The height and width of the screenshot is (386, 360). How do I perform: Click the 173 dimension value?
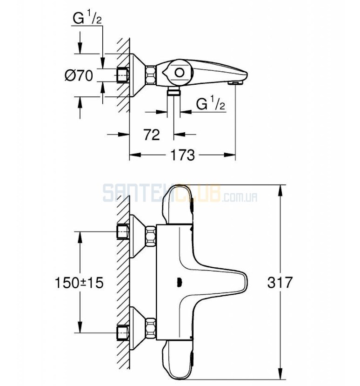[182, 155]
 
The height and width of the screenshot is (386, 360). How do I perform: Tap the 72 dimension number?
[152, 135]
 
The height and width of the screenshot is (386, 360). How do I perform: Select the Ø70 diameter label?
[79, 75]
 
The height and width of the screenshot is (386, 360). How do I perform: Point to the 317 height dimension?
[280, 282]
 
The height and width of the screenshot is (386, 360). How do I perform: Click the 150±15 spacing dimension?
[79, 282]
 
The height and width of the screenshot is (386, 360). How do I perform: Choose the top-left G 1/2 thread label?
[87, 18]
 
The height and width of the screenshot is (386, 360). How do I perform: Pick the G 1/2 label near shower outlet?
[211, 103]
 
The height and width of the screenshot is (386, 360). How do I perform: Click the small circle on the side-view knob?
[179, 73]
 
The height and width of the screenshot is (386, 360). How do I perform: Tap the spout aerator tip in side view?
[235, 83]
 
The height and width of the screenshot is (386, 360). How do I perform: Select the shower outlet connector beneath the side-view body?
[173, 91]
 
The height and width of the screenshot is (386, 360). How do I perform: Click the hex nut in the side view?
[151, 74]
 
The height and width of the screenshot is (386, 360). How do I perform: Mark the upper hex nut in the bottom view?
[151, 237]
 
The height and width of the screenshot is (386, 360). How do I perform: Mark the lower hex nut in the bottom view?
[151, 328]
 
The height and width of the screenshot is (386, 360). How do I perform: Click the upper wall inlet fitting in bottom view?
[122, 232]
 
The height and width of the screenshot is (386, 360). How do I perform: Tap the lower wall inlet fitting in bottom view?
[122, 333]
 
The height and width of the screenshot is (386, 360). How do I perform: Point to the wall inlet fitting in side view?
[122, 75]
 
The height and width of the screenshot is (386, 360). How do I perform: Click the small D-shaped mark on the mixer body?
[179, 282]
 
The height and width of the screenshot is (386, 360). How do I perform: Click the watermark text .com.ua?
[240, 197]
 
